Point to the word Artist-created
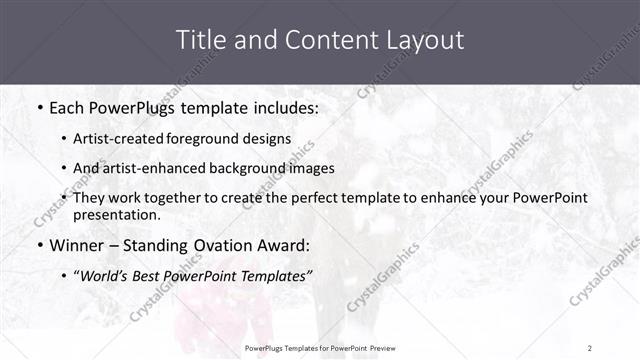click(x=113, y=139)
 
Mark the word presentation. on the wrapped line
click(x=116, y=214)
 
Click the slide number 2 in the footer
click(x=589, y=348)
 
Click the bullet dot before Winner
click(x=39, y=246)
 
